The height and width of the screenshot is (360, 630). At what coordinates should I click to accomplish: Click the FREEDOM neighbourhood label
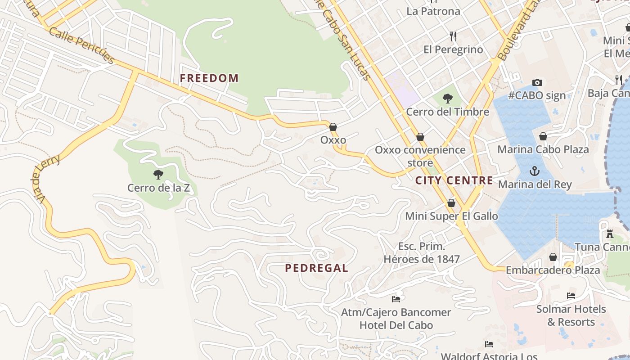pos(209,78)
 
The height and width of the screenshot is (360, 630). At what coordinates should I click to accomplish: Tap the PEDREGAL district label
pos(317,268)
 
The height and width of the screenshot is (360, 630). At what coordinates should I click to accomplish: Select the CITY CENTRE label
pos(454,180)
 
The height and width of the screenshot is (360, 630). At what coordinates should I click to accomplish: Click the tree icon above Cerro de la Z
pos(158,174)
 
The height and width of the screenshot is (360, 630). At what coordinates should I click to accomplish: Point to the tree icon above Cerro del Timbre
pos(447,98)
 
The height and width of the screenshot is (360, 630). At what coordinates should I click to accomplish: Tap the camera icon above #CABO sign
pos(537,82)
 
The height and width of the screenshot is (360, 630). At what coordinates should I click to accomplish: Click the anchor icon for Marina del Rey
pos(535,171)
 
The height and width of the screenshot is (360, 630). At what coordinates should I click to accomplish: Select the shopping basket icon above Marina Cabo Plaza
pos(543,136)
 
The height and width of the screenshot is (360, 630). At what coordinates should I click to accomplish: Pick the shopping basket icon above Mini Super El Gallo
pos(451,203)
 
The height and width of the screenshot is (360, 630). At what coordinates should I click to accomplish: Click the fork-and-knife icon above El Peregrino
pos(453,36)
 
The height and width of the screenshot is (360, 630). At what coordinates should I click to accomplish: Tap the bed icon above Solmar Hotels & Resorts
pos(571,296)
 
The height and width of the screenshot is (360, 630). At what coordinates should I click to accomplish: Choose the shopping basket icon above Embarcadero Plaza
pos(553,257)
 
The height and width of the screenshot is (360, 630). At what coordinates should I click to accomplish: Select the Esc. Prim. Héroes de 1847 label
pos(422,253)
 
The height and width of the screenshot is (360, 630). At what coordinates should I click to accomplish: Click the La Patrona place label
pos(433,11)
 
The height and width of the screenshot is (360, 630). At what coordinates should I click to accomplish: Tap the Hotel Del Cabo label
pos(396,325)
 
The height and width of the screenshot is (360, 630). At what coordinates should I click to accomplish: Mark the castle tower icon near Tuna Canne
pos(610,234)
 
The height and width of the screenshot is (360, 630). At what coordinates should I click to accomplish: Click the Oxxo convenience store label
pos(420,156)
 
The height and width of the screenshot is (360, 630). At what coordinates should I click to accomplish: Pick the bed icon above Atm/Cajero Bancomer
pos(396,298)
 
